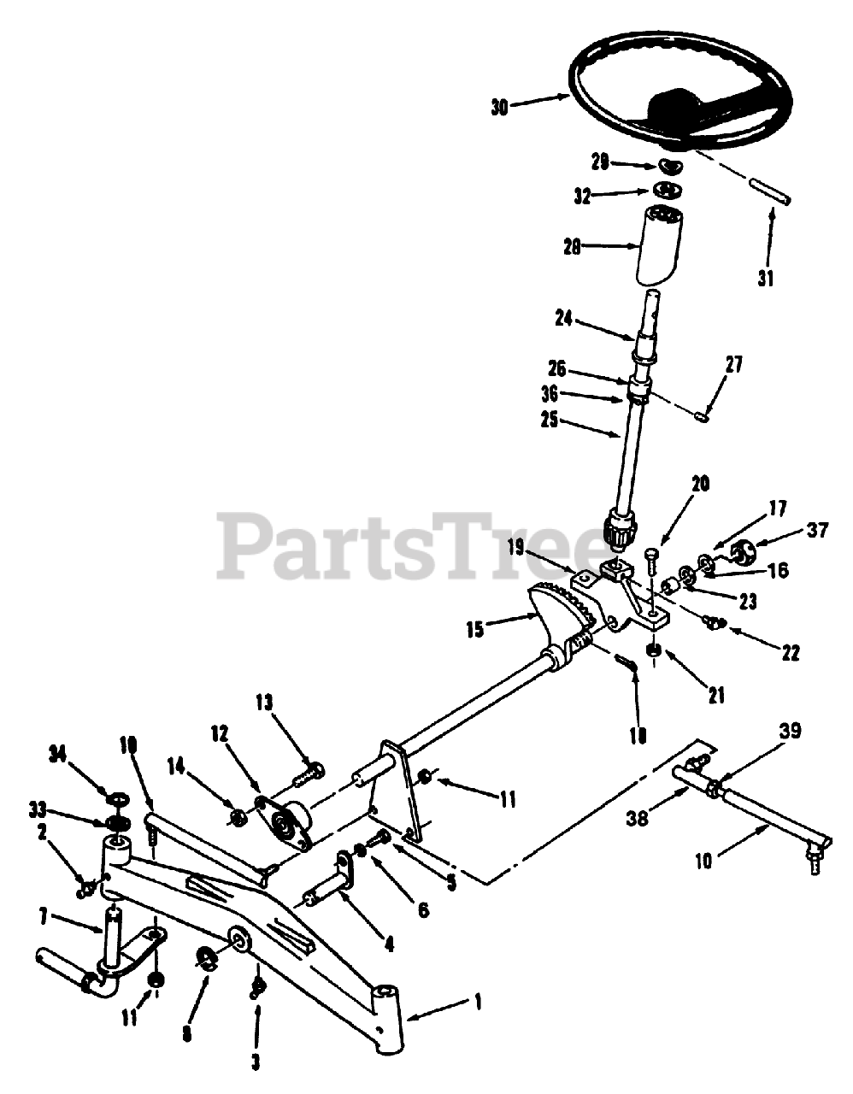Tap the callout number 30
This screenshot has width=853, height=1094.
(x=500, y=107)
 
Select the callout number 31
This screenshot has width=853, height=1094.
(x=765, y=278)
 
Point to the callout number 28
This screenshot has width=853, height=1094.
(x=572, y=247)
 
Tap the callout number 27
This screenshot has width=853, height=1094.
(x=734, y=365)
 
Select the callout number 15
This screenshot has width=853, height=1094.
(x=475, y=630)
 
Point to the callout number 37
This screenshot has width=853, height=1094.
(x=818, y=531)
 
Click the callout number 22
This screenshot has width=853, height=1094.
(x=790, y=652)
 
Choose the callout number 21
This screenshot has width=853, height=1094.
(x=715, y=696)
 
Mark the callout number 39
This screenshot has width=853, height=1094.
(x=790, y=731)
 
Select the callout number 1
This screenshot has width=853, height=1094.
(x=477, y=1000)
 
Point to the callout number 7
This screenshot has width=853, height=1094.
(x=44, y=919)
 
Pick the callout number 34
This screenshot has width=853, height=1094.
(x=58, y=752)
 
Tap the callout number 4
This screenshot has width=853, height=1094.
(x=389, y=944)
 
